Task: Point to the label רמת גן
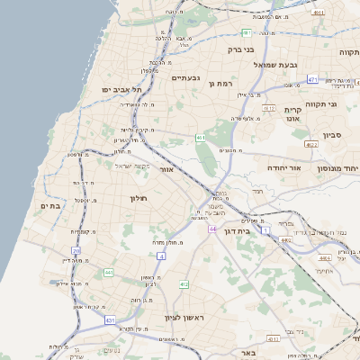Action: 220,84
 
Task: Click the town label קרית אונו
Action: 292,114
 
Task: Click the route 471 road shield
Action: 312,80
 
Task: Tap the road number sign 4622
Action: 311,143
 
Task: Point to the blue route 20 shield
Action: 76,250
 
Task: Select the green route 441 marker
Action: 108,272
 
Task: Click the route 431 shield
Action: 110,319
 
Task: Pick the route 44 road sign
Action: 212,229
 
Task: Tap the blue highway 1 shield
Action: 265,230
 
